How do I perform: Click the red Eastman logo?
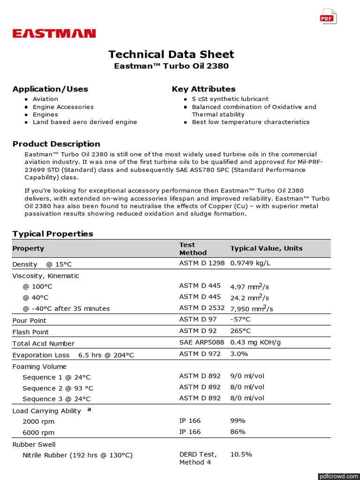tap(54, 33)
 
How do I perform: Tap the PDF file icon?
tap(328, 17)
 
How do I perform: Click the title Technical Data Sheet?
tap(171, 54)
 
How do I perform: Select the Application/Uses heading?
tap(50, 89)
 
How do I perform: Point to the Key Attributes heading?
tap(203, 89)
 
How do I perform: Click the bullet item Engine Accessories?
tap(63, 107)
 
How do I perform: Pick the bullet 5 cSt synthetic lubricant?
tap(230, 99)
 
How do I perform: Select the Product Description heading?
tap(56, 144)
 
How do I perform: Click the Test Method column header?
tap(193, 248)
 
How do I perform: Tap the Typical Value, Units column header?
tap(266, 248)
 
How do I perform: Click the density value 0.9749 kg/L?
tap(250, 263)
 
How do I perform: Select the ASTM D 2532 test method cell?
tap(202, 308)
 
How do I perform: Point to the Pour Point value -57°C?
tap(240, 319)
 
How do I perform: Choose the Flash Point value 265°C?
tap(240, 331)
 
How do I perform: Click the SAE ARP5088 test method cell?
tap(202, 342)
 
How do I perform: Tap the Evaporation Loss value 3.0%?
tap(239, 354)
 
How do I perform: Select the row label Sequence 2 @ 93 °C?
tap(58, 388)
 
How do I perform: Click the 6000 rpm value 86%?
tap(238, 432)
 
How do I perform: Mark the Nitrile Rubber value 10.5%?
tap(241, 454)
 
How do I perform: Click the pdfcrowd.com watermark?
tap(337, 476)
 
